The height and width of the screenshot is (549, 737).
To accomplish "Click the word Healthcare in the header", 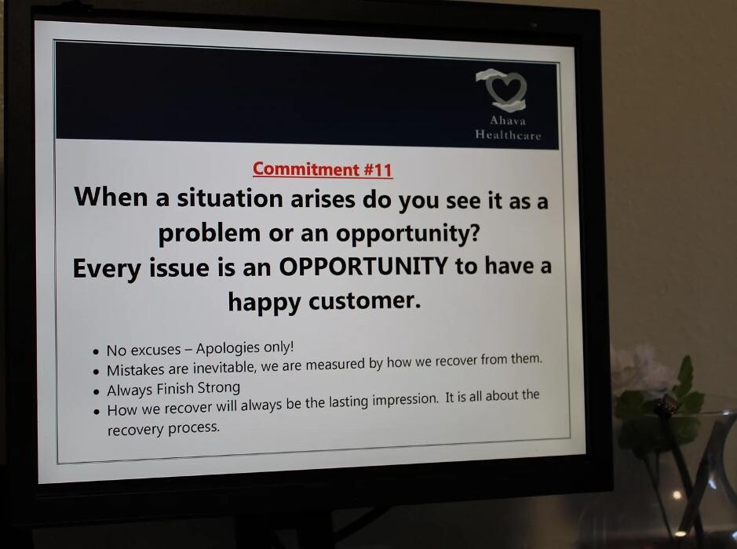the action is tap(508, 135).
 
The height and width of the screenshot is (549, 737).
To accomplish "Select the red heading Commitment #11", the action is tap(323, 169).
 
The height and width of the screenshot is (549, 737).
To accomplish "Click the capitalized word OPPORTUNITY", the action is tap(363, 267).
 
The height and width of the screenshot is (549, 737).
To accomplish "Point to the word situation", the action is tap(230, 198).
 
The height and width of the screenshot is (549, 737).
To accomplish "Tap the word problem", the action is tap(209, 234).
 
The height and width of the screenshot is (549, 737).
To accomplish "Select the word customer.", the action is tap(365, 301).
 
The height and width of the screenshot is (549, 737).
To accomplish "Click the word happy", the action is tap(265, 303).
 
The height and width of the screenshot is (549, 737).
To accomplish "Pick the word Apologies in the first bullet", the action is tap(228, 348).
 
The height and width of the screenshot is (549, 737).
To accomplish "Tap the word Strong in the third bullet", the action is tap(218, 388).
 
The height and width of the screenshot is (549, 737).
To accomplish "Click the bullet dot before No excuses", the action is tap(96, 352).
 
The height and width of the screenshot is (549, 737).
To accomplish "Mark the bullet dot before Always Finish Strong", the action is tap(97, 391).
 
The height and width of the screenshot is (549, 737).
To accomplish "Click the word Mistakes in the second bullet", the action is tap(136, 370).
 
